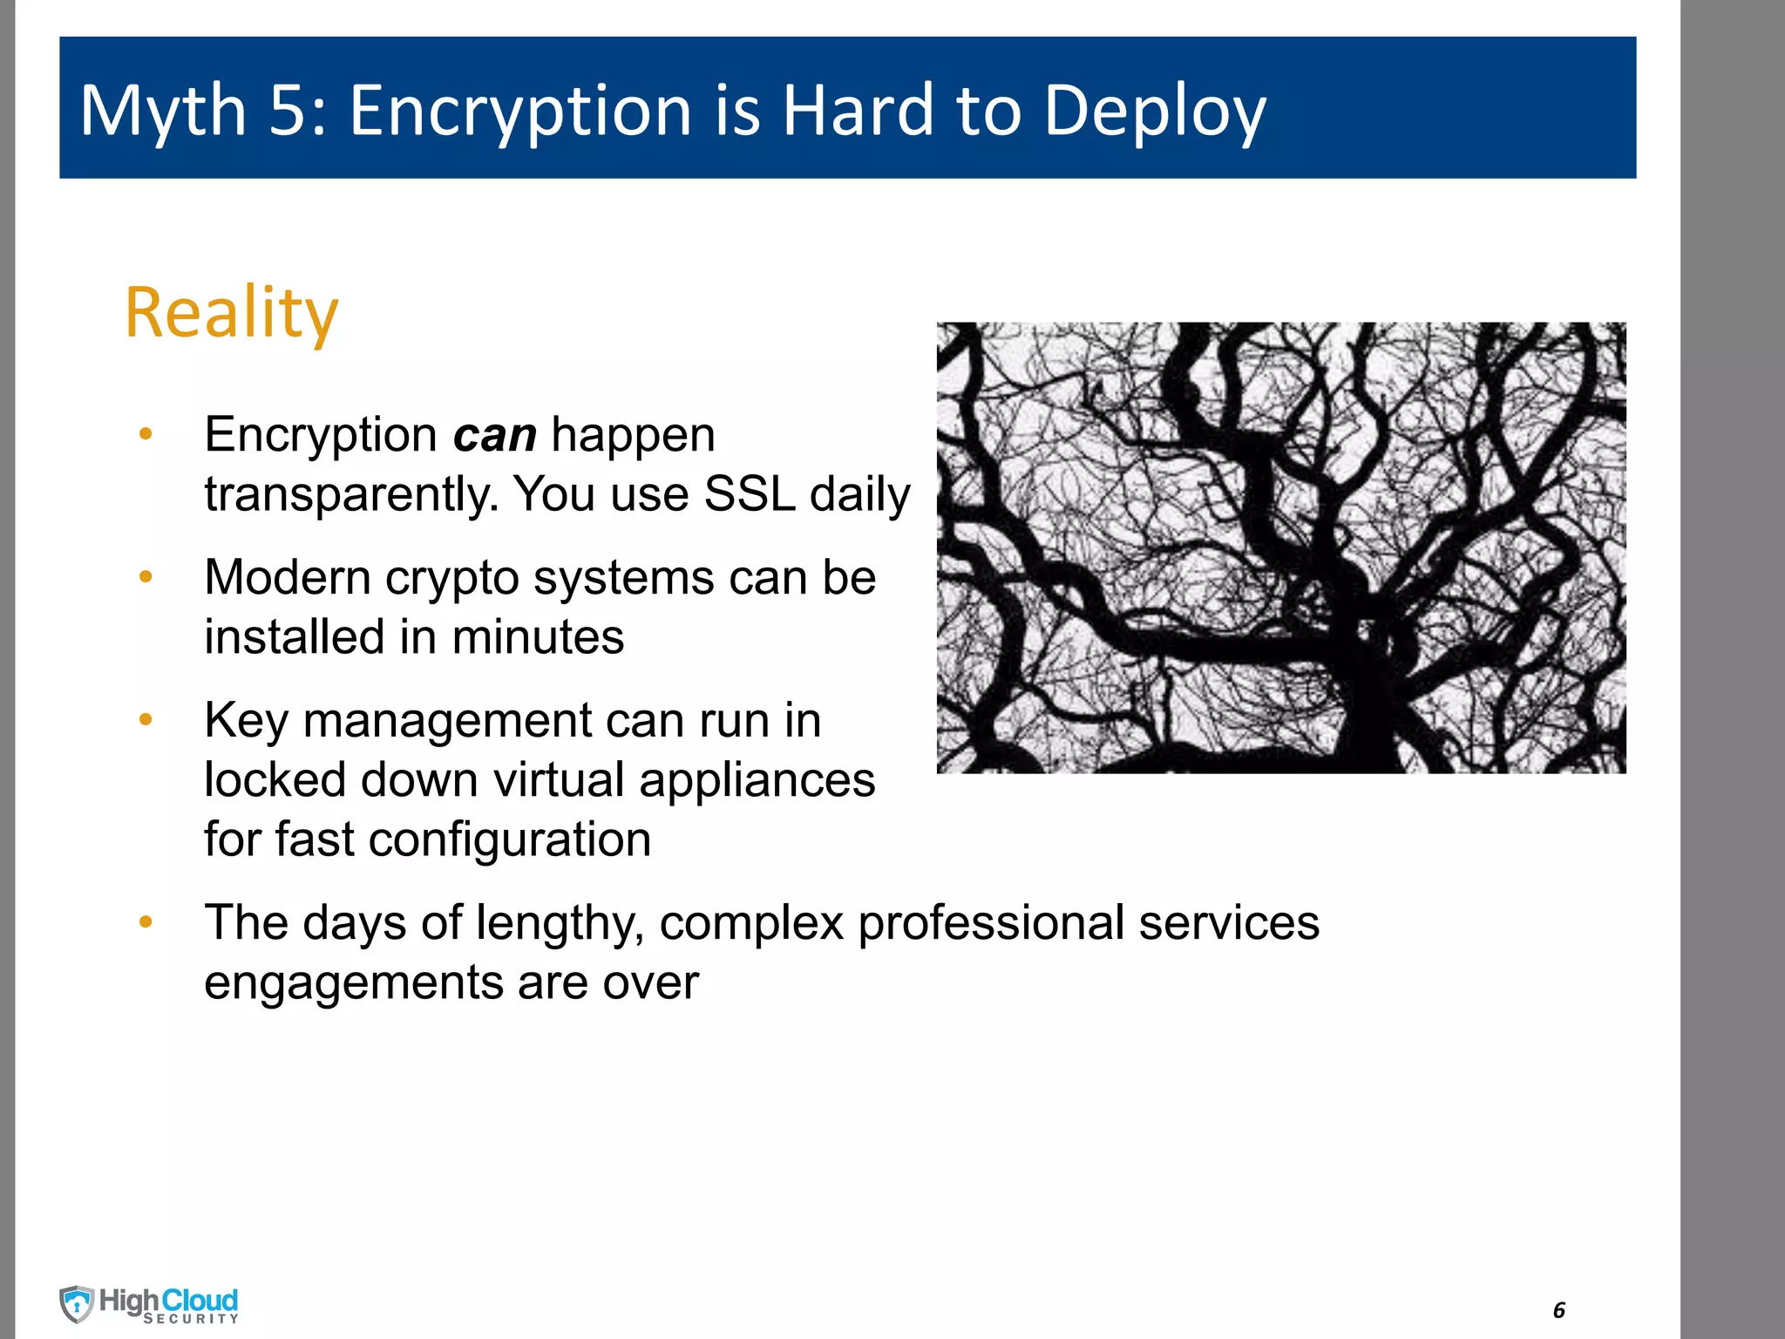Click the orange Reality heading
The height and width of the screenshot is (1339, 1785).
[x=231, y=312]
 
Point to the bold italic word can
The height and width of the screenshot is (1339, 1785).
[x=494, y=435]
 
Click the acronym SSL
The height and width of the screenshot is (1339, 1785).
[x=749, y=493]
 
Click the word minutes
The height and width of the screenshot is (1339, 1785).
[x=538, y=636]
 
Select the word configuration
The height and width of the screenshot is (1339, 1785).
[x=509, y=840]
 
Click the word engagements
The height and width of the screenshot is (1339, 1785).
[x=353, y=982]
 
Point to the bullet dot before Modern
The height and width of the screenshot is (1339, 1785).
[x=146, y=576]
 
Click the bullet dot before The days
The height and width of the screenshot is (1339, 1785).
[x=146, y=921]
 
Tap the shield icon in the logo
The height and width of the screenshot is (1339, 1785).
[x=77, y=1304]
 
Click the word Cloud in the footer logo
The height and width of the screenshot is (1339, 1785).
[x=200, y=1300]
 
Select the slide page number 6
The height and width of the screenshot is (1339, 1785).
[x=1559, y=1309]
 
